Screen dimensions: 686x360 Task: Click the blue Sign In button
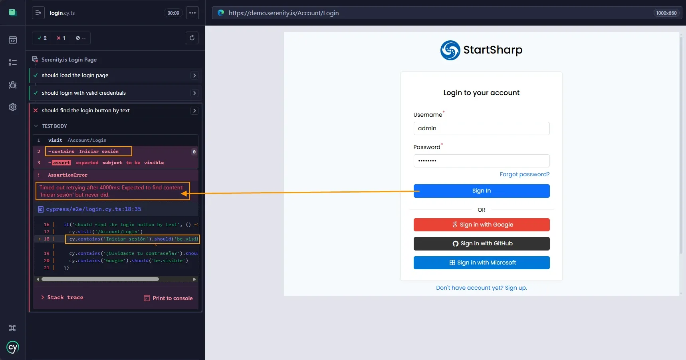click(481, 191)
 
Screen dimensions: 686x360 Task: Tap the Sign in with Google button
click(481, 225)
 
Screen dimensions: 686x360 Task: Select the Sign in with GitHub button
click(481, 244)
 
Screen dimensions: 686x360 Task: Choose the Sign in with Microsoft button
click(481, 263)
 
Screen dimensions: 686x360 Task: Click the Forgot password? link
click(524, 174)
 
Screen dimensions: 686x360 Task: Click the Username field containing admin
click(481, 128)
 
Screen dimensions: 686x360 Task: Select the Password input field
click(481, 161)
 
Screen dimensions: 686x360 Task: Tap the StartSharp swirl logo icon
click(450, 50)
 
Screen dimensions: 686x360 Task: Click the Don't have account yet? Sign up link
click(481, 288)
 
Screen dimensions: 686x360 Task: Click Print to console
click(168, 298)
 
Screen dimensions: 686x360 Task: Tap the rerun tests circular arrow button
click(192, 38)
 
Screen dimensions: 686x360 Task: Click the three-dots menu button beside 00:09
click(192, 13)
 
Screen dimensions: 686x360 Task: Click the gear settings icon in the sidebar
click(13, 107)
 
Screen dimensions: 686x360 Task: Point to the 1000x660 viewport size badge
click(666, 13)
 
